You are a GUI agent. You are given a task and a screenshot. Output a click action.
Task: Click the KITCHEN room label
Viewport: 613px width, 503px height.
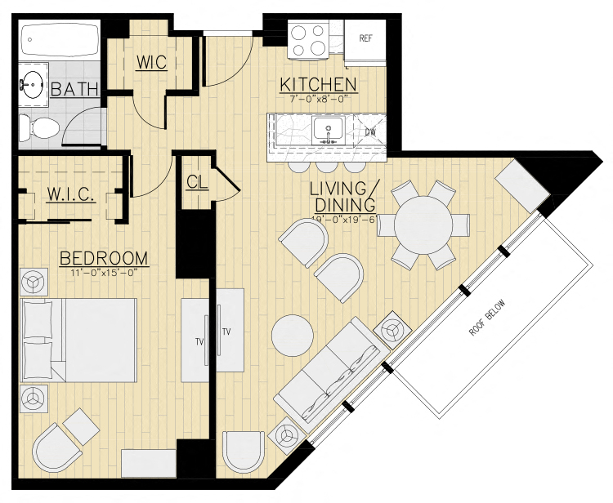click(x=318, y=85)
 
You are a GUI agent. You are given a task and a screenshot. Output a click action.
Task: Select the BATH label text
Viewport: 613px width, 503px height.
click(x=75, y=90)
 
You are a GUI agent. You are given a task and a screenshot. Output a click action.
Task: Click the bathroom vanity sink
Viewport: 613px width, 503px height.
click(x=33, y=83)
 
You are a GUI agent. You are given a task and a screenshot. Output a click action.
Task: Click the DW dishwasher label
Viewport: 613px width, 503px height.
click(x=369, y=131)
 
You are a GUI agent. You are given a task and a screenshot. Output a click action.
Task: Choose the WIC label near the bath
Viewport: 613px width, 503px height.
click(x=152, y=62)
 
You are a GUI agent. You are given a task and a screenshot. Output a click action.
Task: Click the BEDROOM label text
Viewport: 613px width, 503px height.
click(x=104, y=259)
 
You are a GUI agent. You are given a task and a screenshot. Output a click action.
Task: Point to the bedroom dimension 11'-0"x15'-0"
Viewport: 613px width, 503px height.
click(x=104, y=273)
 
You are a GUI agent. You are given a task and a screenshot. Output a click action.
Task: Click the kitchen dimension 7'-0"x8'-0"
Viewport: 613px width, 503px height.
click(x=318, y=98)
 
